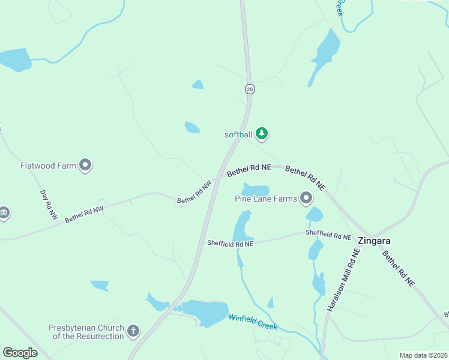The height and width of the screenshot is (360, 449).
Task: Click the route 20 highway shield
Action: pos(250,89)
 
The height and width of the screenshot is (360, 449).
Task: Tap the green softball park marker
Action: pos(261,133)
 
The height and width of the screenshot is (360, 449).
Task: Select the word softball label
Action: pos(238,134)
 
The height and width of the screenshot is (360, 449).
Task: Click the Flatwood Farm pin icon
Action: pos(85,164)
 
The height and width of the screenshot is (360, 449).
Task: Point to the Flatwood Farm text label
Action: pos(49,166)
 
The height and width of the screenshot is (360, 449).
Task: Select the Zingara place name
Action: pos(374,241)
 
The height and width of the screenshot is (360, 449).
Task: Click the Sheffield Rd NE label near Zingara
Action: pos(328,235)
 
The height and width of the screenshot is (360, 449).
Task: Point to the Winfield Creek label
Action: pos(253,322)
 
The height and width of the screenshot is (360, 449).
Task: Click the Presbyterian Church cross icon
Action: pos(133,330)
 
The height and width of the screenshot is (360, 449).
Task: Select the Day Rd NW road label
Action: pos(49,204)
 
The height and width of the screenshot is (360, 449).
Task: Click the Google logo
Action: pos(20,353)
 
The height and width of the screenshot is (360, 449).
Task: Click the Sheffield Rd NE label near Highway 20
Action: pos(230,244)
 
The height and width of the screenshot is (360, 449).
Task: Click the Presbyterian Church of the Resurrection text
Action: pos(86,332)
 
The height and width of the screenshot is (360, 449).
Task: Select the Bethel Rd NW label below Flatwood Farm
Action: pos(85,214)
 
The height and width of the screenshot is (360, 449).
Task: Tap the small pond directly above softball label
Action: pos(191,127)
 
